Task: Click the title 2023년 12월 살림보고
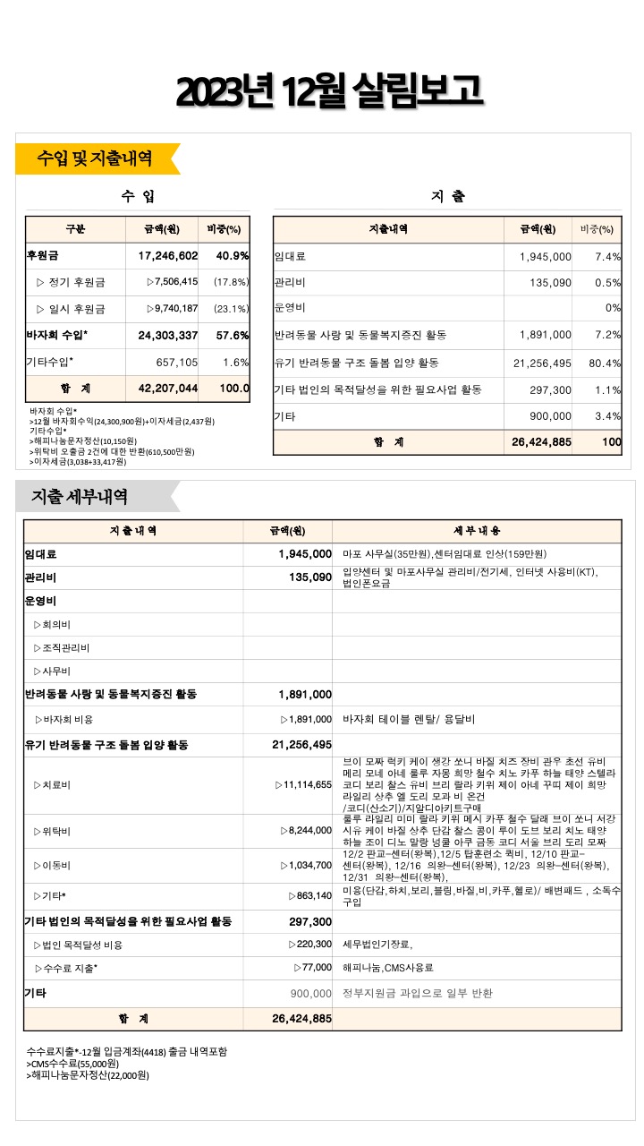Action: [330, 91]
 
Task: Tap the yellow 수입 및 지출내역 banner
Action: [94, 159]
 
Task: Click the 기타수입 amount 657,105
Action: [176, 363]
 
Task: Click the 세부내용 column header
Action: [477, 530]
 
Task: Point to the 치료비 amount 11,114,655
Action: [304, 785]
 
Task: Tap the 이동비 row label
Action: [52, 866]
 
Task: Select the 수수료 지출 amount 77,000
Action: [313, 969]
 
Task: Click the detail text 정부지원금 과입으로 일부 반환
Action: [418, 994]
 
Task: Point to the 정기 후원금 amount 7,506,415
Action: [173, 283]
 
